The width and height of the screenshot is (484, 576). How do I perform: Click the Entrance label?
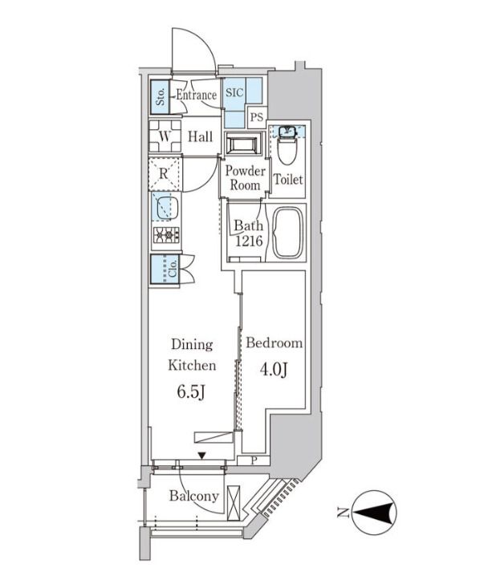[196, 95]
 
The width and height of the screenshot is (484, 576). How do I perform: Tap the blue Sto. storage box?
[161, 97]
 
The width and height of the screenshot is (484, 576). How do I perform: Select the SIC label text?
[234, 92]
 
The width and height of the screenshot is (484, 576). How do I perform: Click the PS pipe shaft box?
[257, 117]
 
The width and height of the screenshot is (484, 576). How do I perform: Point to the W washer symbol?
[165, 136]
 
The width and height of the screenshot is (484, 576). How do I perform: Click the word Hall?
[201, 137]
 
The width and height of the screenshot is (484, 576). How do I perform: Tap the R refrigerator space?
[165, 174]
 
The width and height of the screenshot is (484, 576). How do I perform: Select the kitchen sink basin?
[168, 207]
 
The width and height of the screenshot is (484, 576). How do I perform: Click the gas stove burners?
[166, 235]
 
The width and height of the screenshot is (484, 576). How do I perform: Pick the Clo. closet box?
[165, 270]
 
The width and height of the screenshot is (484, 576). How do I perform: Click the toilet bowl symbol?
[287, 151]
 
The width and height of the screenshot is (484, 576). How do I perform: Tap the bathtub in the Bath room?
[288, 233]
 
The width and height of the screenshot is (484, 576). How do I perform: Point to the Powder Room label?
[245, 178]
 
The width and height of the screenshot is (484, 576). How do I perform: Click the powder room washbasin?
[242, 144]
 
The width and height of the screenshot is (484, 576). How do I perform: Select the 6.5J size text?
[191, 392]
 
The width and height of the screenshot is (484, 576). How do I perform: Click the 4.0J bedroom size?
[274, 370]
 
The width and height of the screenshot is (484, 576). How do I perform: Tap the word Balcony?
[194, 497]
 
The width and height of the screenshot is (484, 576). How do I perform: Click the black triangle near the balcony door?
[201, 456]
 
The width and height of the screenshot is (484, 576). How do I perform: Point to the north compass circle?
[375, 513]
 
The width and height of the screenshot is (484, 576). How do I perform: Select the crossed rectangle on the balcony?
[234, 503]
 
